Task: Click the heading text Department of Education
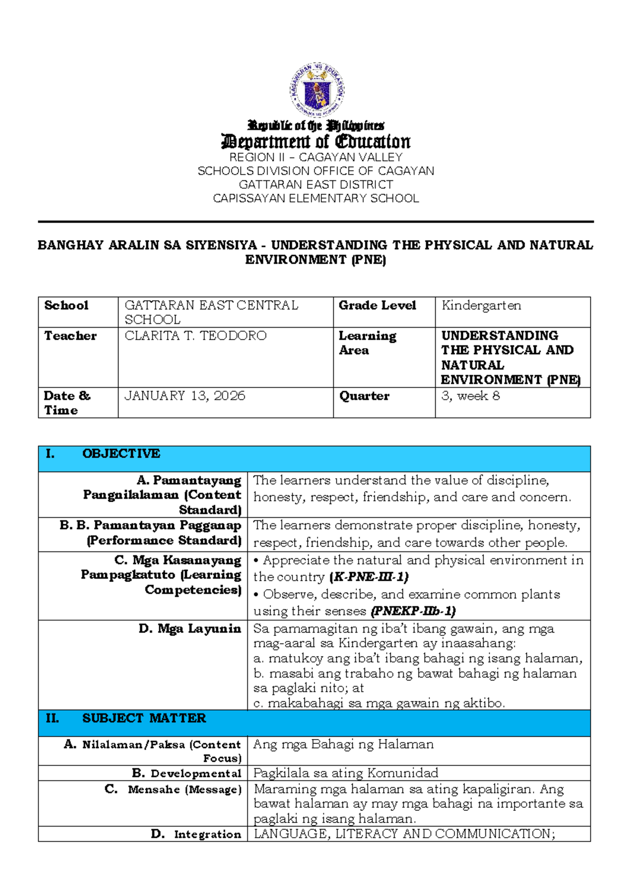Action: click(x=316, y=142)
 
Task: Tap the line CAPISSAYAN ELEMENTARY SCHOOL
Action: click(x=316, y=198)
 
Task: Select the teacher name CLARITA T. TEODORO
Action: click(x=196, y=335)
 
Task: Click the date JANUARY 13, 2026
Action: click(x=185, y=396)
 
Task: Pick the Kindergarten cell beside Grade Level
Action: click(x=481, y=306)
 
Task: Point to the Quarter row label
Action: click(x=364, y=396)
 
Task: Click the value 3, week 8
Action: click(x=470, y=396)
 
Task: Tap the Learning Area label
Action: click(x=367, y=343)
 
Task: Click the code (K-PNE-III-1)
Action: click(x=368, y=577)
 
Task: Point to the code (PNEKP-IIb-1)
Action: click(x=413, y=611)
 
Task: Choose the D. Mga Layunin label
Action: click(x=189, y=628)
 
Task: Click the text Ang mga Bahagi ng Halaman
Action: click(x=343, y=744)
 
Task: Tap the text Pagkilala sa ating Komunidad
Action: click(x=345, y=773)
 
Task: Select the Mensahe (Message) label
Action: click(x=184, y=789)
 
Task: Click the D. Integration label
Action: click(x=196, y=834)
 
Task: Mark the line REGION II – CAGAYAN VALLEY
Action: click(x=316, y=157)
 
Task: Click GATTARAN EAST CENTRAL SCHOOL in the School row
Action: click(x=211, y=312)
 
